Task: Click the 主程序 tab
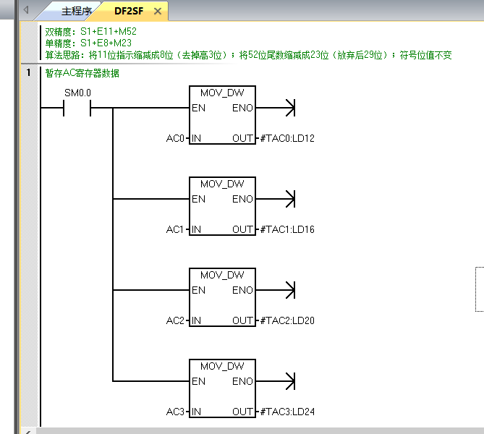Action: coord(76,12)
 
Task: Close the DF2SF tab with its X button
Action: coord(158,12)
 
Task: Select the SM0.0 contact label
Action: coord(78,93)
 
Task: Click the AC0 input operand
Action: coord(176,138)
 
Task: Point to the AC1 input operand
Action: coord(176,229)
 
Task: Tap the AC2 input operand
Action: coord(176,320)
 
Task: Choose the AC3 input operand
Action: coord(176,412)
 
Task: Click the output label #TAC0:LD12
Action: coord(287,138)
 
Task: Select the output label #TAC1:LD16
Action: coord(287,229)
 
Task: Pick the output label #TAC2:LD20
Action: coord(287,320)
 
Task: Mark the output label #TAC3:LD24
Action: coord(287,412)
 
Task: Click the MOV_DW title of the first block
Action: coord(222,93)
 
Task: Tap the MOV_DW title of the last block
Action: coord(222,367)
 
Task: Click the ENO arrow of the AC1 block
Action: coord(289,199)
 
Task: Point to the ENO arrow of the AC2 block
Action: coord(289,290)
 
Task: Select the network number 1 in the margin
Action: coord(28,72)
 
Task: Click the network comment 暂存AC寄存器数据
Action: coord(82,73)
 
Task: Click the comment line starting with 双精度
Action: coord(91,32)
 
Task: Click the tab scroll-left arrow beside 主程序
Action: coord(27,11)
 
